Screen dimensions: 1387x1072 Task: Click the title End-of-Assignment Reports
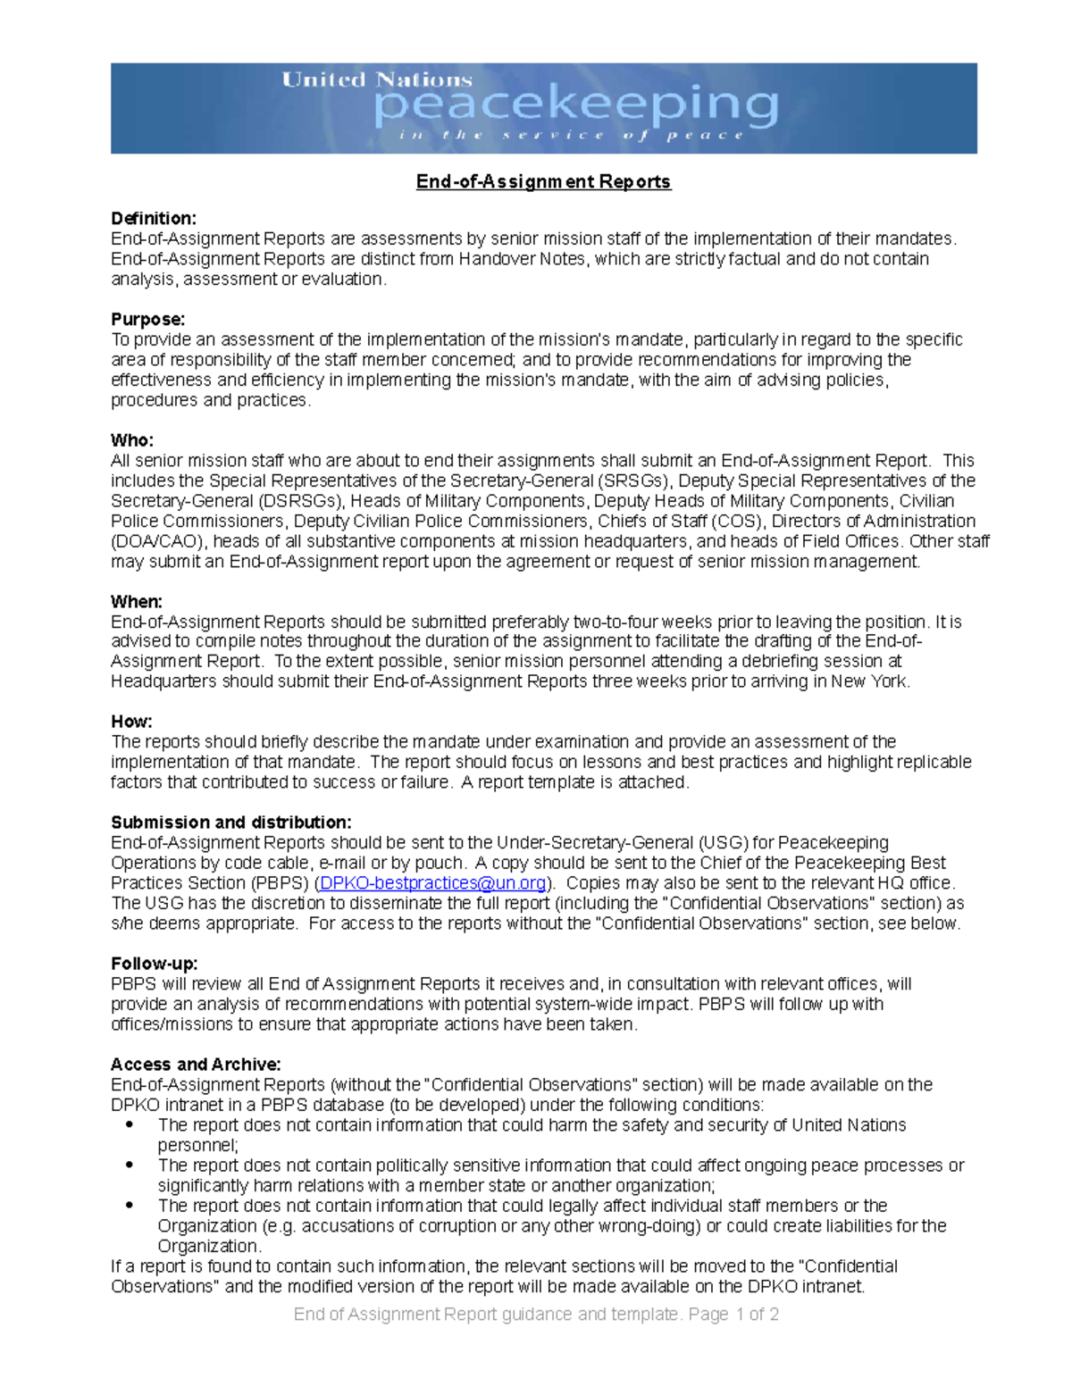pyautogui.click(x=543, y=182)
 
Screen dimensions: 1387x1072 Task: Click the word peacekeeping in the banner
pyautogui.click(x=576, y=107)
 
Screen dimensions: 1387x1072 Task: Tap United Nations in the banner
pyautogui.click(x=377, y=79)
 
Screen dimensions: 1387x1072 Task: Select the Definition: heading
pyautogui.click(x=153, y=219)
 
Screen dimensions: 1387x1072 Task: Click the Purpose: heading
pyautogui.click(x=147, y=320)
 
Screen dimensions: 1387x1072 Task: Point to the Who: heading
pyautogui.click(x=131, y=440)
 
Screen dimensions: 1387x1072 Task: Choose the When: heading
pyautogui.click(x=136, y=602)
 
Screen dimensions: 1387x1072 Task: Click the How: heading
pyautogui.click(x=131, y=722)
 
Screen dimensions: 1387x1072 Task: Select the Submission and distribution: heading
pyautogui.click(x=230, y=823)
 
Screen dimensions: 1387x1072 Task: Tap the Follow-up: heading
pyautogui.click(x=154, y=964)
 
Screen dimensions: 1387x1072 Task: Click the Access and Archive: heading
pyautogui.click(x=196, y=1065)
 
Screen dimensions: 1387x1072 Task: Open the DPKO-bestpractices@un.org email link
pyautogui.click(x=432, y=883)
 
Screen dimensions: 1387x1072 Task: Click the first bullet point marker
pyautogui.click(x=130, y=1125)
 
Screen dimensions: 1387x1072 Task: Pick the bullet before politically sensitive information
pyautogui.click(x=130, y=1166)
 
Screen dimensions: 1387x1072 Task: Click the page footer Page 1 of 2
pyautogui.click(x=733, y=1315)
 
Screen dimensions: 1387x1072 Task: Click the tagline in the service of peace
pyautogui.click(x=572, y=136)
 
